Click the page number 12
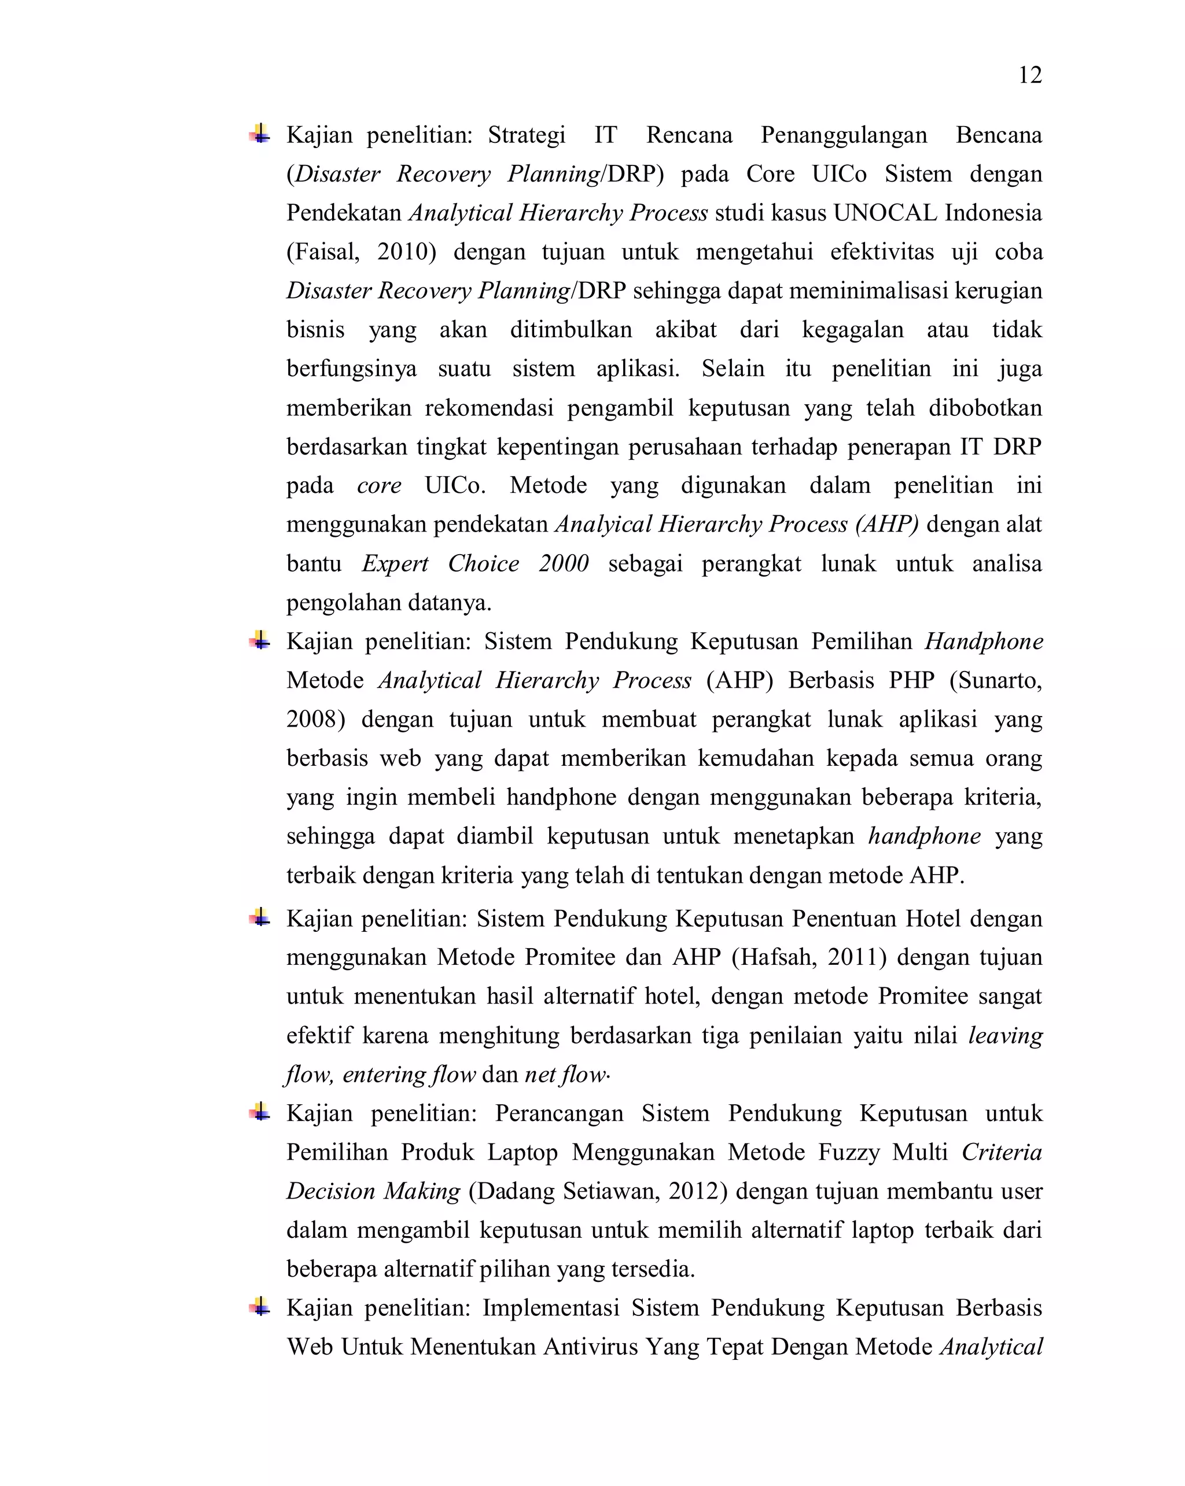point(1029,75)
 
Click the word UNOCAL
point(885,212)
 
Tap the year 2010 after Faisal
point(402,252)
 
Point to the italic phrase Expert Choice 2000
point(475,563)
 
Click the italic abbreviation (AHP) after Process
point(886,524)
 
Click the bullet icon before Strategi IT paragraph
point(260,134)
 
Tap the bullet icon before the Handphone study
point(260,640)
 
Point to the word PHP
point(911,680)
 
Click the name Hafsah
point(778,957)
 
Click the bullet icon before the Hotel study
point(260,917)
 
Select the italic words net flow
point(565,1074)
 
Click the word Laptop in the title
point(522,1152)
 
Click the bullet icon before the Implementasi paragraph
point(260,1307)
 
